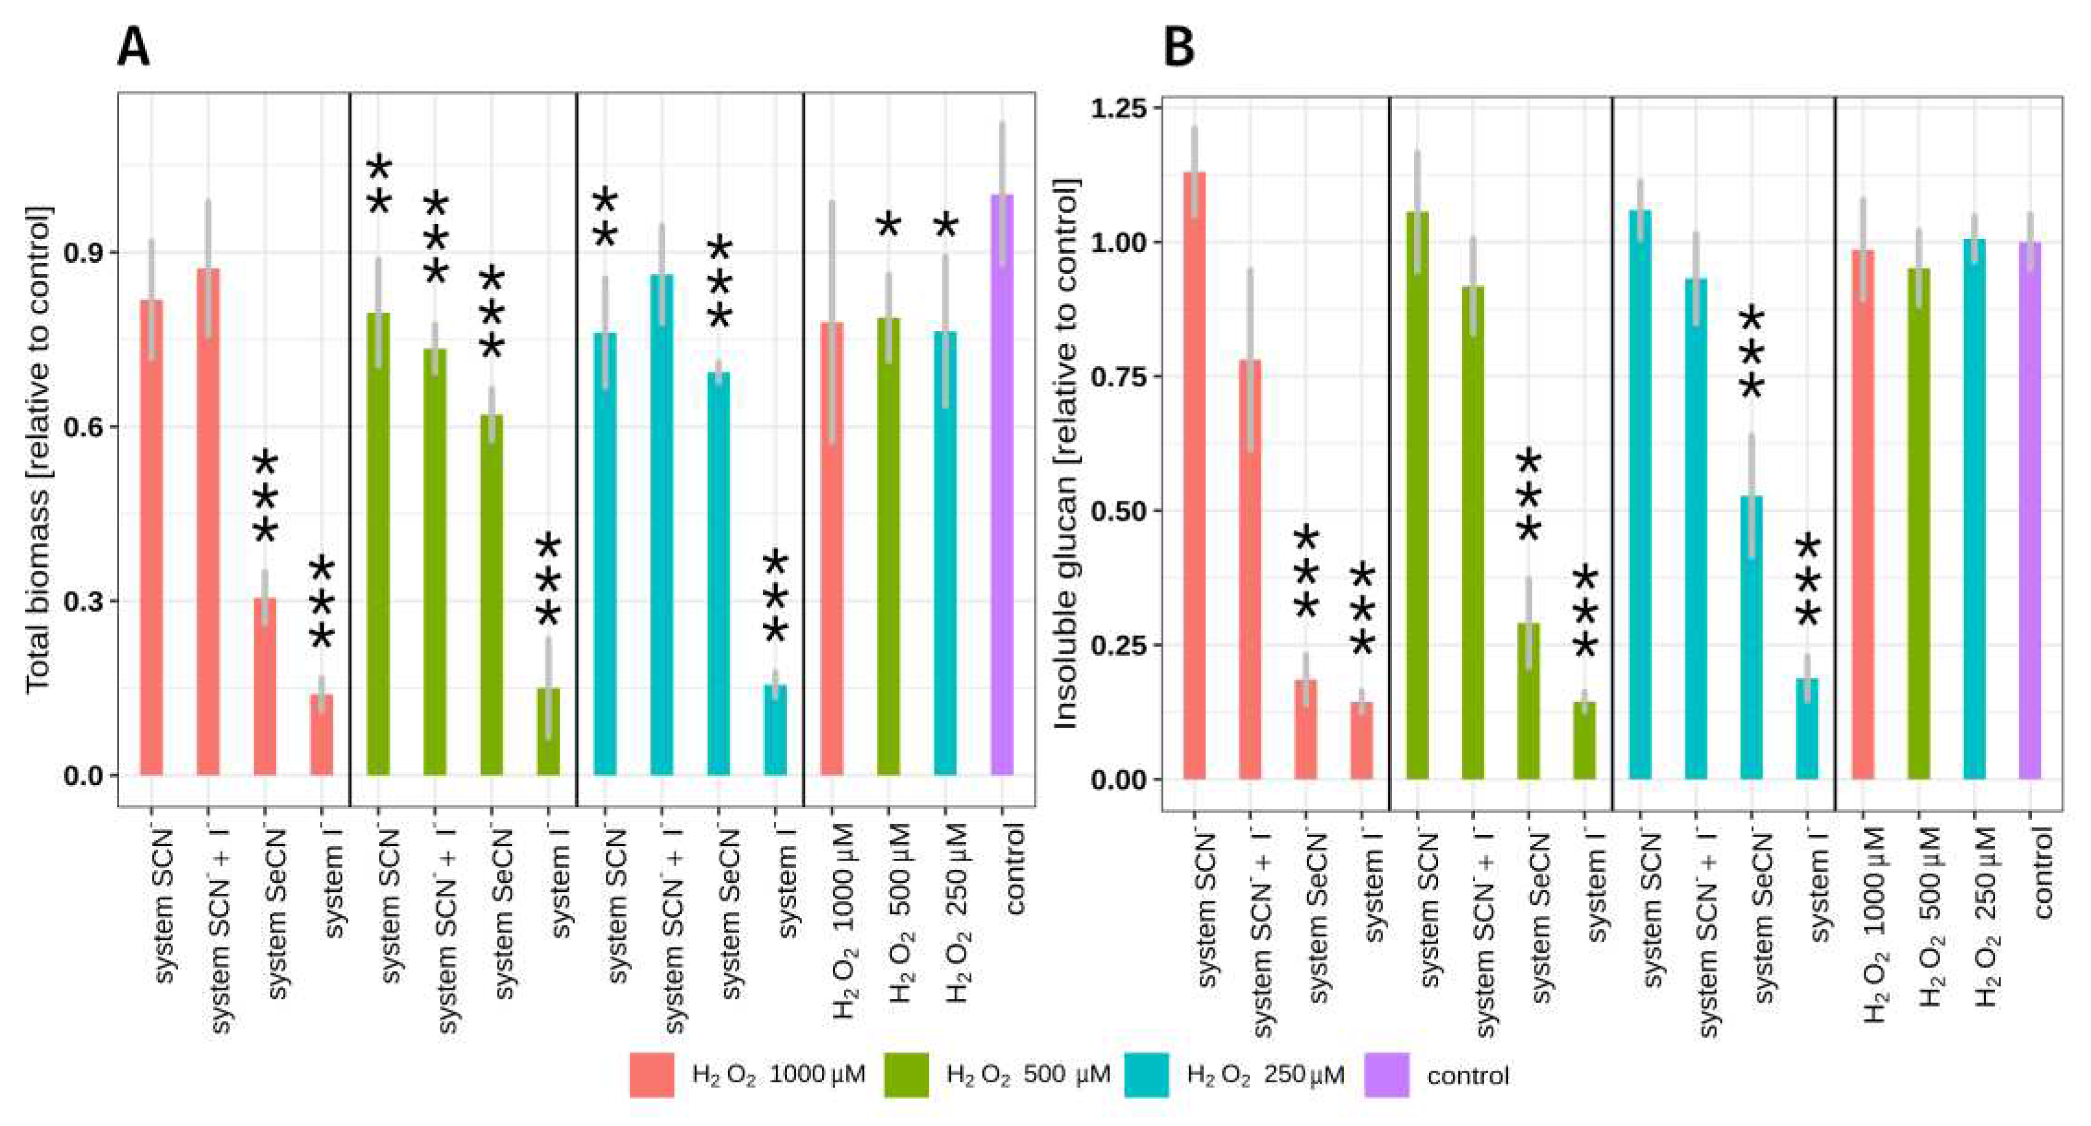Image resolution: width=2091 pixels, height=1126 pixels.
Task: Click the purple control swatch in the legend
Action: coord(1386,1075)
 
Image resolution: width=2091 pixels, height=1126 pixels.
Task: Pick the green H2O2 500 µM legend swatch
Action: coord(906,1075)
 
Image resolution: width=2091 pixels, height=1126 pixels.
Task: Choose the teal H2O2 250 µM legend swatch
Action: coord(1146,1075)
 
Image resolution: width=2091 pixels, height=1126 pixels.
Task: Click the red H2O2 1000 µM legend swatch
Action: coord(652,1075)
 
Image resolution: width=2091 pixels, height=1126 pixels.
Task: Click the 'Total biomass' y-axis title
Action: coord(37,450)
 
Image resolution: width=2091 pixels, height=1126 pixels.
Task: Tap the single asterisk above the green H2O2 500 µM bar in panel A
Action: coord(889,225)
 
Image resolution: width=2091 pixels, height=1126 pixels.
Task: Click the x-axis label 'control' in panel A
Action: coord(1015,869)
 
